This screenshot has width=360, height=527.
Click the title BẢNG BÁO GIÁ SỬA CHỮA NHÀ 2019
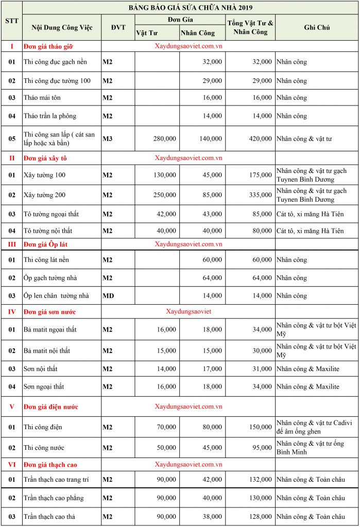tap(190, 7)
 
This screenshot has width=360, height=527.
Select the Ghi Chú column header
tap(317, 27)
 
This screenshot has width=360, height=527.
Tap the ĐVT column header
tap(118, 27)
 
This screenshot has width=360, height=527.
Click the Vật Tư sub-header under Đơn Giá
tap(147, 33)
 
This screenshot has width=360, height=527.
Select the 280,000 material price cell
tap(164, 138)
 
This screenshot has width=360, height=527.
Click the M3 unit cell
tap(108, 138)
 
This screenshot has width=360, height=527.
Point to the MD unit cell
tap(108, 295)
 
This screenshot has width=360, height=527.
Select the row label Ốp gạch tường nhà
tap(50, 278)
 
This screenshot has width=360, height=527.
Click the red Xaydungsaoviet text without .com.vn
tap(188, 311)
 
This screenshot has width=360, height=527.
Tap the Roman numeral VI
tap(11, 464)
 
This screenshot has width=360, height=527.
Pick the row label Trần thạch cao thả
tap(49, 516)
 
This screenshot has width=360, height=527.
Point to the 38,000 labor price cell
tap(212, 516)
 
